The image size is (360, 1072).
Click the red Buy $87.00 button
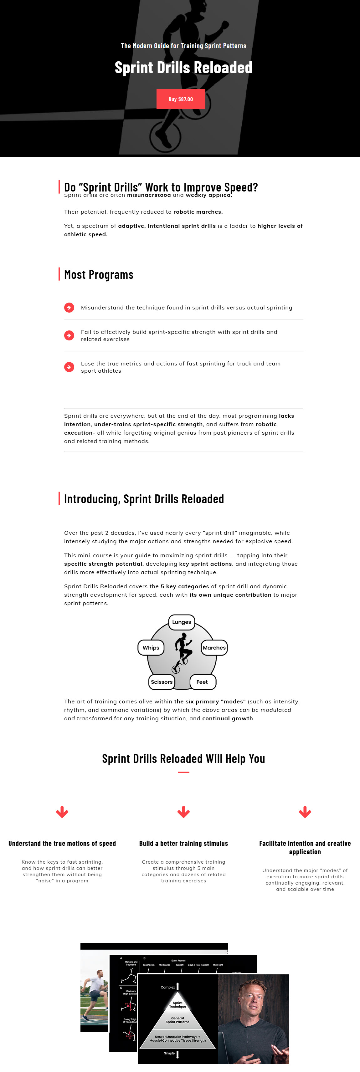(181, 99)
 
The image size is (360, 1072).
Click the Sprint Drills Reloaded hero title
(183, 67)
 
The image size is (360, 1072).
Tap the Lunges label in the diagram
(182, 622)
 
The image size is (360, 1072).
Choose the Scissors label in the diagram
(162, 681)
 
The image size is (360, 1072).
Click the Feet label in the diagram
(202, 681)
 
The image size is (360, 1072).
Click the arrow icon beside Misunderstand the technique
(69, 308)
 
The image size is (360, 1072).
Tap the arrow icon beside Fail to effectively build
(69, 335)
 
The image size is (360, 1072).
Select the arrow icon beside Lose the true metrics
(69, 367)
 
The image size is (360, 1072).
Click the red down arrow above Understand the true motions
(62, 812)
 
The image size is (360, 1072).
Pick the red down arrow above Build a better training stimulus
(183, 812)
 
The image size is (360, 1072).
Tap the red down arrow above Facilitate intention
(305, 812)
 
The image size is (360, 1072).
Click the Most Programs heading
(99, 275)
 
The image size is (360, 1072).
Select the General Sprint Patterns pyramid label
(178, 1020)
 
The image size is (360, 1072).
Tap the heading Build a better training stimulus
(183, 844)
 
